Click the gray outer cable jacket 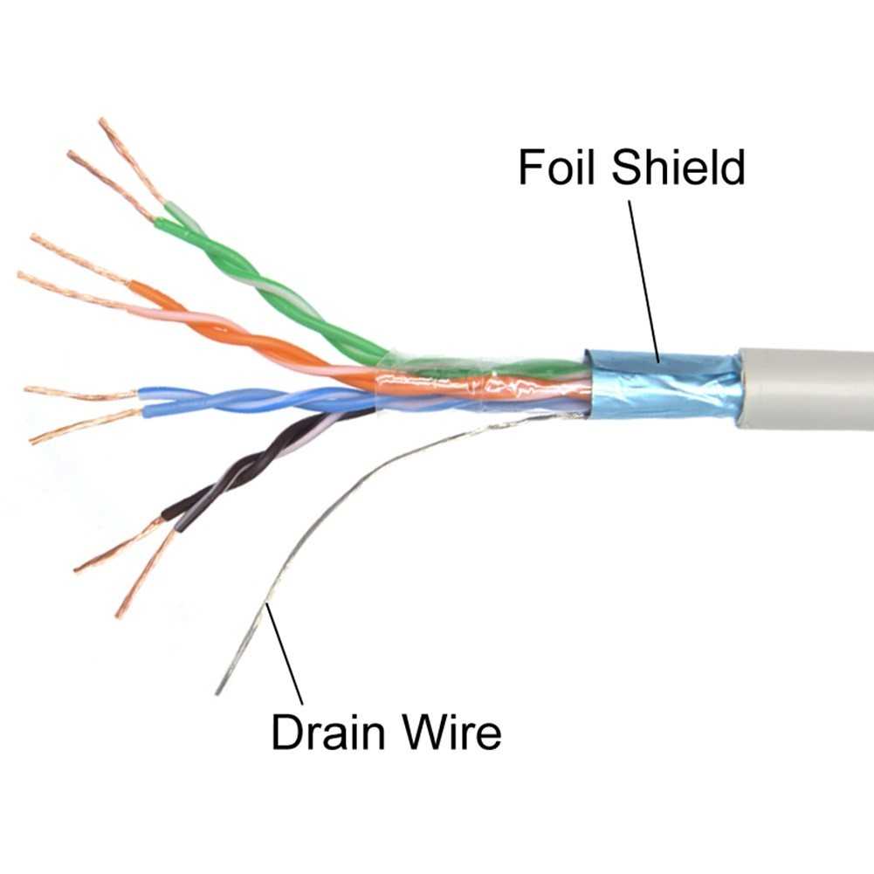point(805,389)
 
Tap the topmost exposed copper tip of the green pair point(101,120)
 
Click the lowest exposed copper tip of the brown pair point(118,616)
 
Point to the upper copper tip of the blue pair point(27,389)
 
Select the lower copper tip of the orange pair point(20,274)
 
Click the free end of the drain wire point(217,694)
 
